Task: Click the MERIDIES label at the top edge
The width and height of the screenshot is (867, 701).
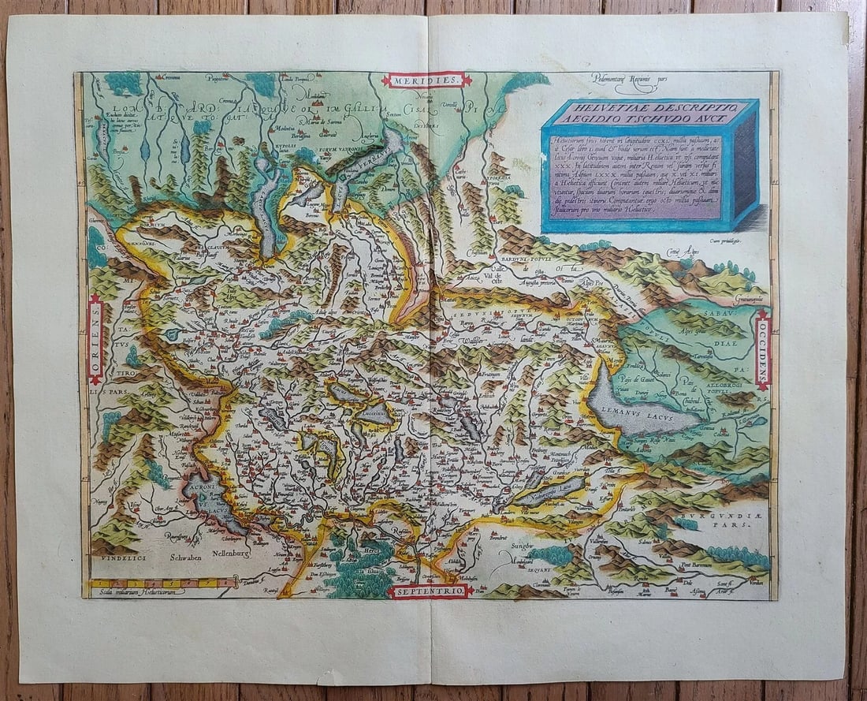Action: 426,80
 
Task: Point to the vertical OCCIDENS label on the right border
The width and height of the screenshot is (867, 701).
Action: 762,349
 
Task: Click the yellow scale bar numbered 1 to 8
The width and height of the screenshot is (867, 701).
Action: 162,584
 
